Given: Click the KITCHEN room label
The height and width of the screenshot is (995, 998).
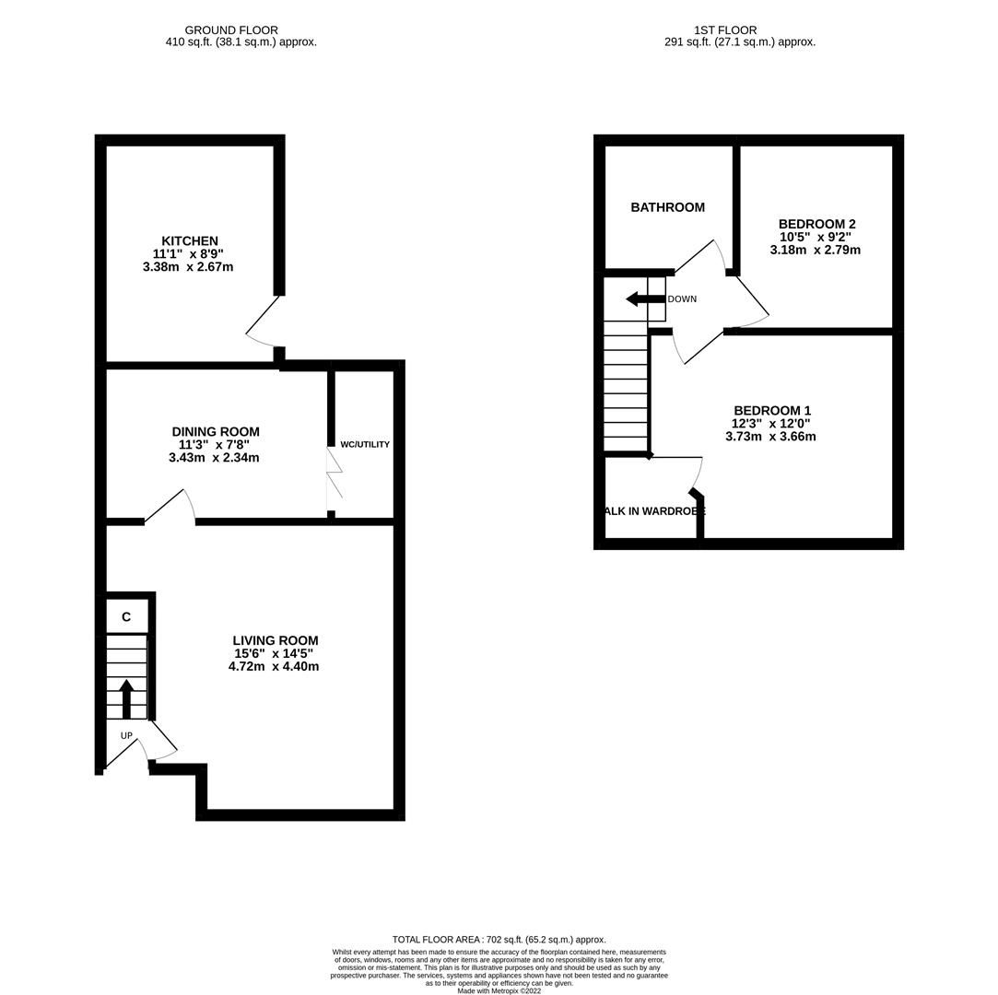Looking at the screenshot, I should pos(190,241).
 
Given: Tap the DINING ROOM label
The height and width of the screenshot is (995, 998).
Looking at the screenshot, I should pos(216,432).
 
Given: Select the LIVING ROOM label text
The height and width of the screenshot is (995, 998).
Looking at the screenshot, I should pos(275,641).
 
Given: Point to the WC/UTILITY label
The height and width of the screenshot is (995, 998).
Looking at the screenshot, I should pos(365,445).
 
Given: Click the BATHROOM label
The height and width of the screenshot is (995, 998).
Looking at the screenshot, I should pos(667,208).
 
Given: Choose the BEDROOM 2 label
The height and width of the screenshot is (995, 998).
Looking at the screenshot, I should pos(816,224).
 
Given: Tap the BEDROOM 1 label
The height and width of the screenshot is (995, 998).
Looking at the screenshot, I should pos(771,411).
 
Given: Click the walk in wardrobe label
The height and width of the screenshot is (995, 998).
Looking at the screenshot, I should pos(653,511).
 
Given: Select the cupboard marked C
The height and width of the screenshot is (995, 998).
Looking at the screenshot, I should pos(126,617).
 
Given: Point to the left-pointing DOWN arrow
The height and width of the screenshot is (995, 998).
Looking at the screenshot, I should pos(644,298).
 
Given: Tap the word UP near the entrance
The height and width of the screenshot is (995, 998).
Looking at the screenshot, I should pos(126,735).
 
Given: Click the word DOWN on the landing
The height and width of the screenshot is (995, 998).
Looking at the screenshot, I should pos(682,299).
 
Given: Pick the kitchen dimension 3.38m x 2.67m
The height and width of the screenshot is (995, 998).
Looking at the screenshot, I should pos(188,267).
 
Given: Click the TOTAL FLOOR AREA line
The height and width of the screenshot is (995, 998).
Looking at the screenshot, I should pos(499,940).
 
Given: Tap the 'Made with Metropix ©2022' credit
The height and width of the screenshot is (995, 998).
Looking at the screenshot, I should pos(499,991).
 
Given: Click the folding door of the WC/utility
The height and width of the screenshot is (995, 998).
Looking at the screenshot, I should pos(335,473).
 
